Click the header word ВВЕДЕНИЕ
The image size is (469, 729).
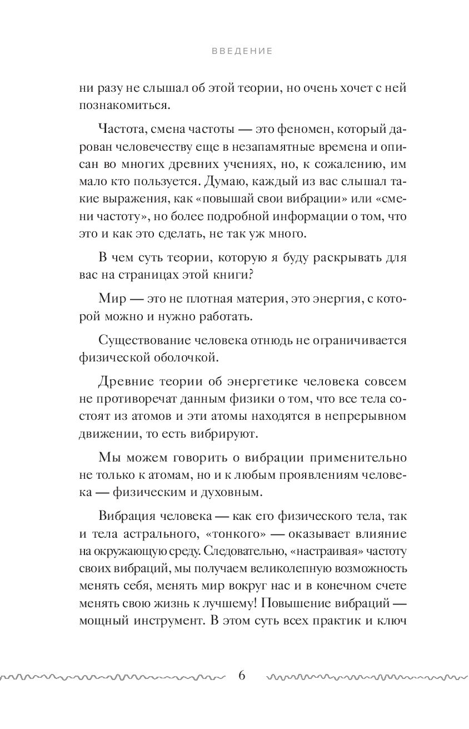click(x=242, y=51)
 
